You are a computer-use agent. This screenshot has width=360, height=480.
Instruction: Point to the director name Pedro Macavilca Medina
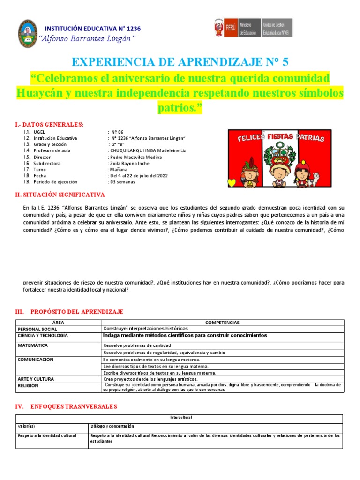pyautogui.click(x=135, y=157)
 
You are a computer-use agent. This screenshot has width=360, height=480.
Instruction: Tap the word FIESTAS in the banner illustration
pyautogui.click(x=280, y=137)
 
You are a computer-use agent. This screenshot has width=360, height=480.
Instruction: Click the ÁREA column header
pyautogui.click(x=58, y=322)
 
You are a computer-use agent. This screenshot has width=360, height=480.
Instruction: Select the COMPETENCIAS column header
pyautogui.click(x=222, y=322)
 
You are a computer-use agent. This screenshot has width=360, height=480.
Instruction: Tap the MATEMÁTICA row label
pyautogui.click(x=33, y=345)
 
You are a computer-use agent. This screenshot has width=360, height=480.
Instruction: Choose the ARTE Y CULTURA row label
pyautogui.click(x=36, y=379)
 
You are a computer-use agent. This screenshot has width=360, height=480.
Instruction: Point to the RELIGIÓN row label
pyautogui.click(x=28, y=386)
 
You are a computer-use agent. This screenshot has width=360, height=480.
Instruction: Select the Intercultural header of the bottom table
pyautogui.click(x=180, y=417)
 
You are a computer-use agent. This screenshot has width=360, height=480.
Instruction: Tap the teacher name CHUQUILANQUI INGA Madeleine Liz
pyautogui.click(x=147, y=151)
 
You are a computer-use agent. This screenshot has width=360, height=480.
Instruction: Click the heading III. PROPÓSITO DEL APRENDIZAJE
pyautogui.click(x=70, y=312)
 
